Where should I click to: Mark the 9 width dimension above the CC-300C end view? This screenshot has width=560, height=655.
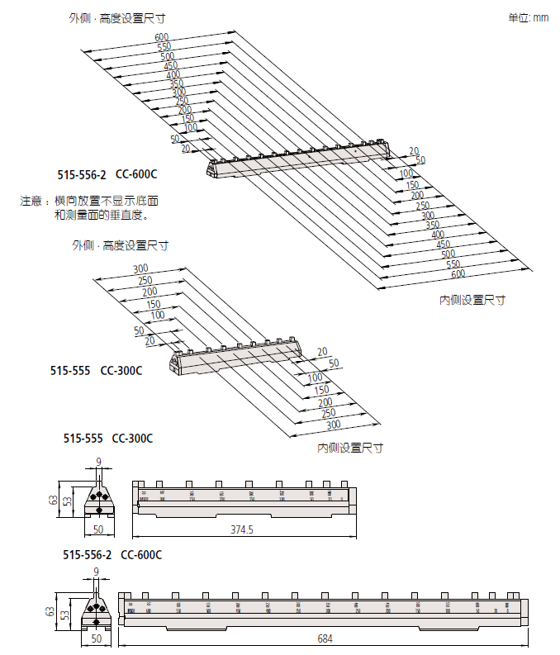point(98,462)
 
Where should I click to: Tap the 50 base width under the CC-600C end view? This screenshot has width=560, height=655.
point(97,638)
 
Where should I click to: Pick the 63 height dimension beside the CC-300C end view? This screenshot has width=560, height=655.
point(53,500)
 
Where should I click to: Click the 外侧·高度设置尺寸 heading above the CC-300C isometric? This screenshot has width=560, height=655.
point(120,245)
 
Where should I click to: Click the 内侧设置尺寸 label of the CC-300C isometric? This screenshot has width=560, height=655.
point(350,448)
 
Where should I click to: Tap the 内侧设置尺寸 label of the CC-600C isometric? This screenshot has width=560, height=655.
point(472,300)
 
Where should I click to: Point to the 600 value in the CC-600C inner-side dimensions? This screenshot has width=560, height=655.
point(458,273)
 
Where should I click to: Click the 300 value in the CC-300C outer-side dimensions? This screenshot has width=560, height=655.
point(140,268)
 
